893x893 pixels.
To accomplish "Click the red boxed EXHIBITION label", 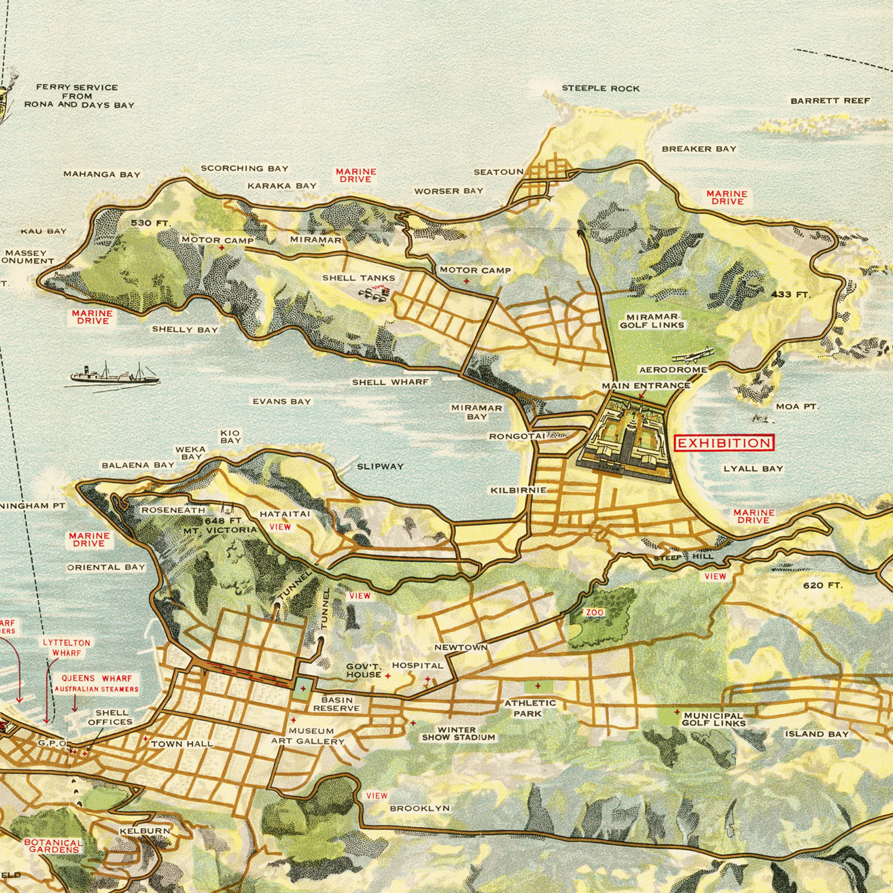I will (724, 443).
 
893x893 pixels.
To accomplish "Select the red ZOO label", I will (595, 612).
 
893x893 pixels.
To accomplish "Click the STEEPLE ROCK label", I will (600, 88).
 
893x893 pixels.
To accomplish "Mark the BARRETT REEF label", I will (830, 101).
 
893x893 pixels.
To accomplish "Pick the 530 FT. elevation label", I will (152, 223).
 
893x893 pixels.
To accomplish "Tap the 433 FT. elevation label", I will (791, 294).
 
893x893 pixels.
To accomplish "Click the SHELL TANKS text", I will (358, 278).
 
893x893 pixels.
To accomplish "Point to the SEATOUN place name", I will (498, 172).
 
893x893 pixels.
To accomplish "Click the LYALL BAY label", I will (753, 469).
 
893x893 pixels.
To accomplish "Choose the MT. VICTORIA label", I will (220, 529).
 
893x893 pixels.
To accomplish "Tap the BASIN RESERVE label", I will (336, 704).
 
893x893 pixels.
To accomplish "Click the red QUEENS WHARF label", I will (97, 678).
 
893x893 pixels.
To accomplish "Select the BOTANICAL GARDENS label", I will (54, 846).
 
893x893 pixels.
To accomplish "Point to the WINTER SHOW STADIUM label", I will (458, 733).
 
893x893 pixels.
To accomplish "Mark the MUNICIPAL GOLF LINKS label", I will (714, 719).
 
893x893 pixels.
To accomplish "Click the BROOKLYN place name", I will (419, 808).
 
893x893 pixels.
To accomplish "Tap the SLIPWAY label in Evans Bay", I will (380, 466).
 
